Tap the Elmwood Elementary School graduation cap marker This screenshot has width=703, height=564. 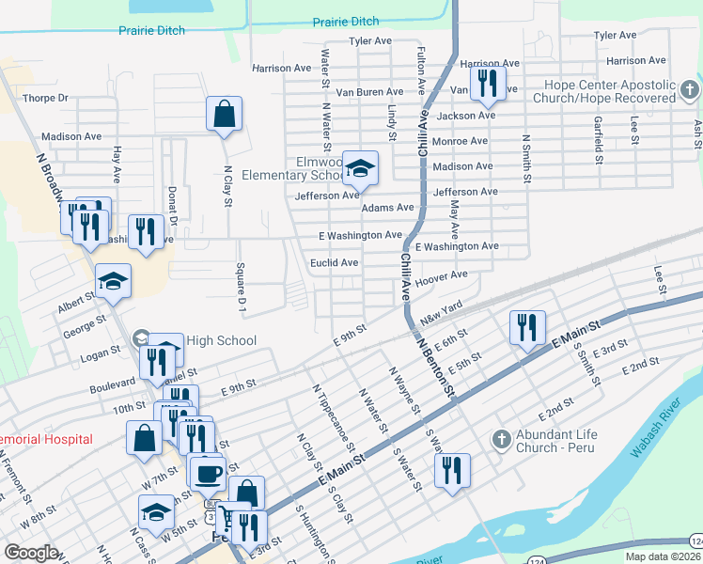click(360, 168)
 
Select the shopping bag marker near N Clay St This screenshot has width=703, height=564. click(225, 115)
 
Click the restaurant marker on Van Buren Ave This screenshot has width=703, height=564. click(487, 84)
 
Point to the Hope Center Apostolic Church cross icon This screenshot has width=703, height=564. click(690, 90)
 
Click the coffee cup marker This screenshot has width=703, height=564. click(206, 472)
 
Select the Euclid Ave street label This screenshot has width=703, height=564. click(335, 263)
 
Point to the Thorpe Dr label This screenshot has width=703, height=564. click(46, 98)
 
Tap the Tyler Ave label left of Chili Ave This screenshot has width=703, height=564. click(369, 41)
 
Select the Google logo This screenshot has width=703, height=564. click(31, 553)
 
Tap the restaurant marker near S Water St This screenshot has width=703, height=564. click(452, 472)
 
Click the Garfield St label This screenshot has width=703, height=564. click(597, 134)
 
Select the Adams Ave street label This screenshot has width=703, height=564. click(388, 208)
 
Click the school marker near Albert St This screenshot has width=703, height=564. click(113, 281)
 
